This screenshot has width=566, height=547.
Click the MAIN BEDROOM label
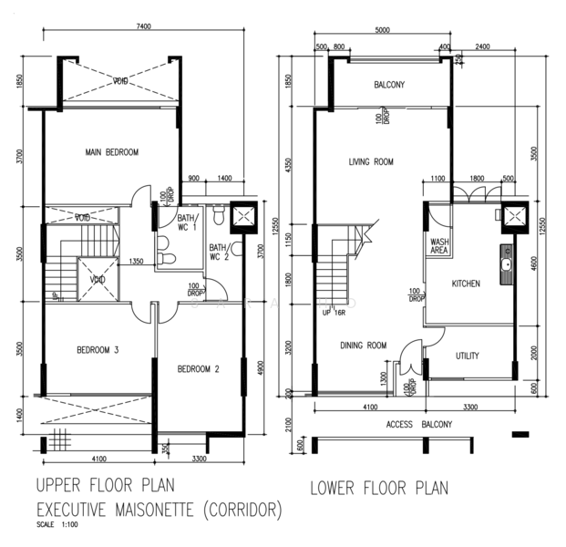coord(112,152)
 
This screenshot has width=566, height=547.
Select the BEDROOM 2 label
coord(199,369)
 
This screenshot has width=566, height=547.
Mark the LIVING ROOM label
coord(370,162)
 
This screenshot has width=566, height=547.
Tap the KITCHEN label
coord(466,284)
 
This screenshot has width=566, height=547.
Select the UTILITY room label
coord(467,356)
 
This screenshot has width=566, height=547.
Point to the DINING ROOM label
coord(364,345)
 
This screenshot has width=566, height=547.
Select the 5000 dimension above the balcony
coord(382,30)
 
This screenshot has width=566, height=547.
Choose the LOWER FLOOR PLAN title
coord(379,488)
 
